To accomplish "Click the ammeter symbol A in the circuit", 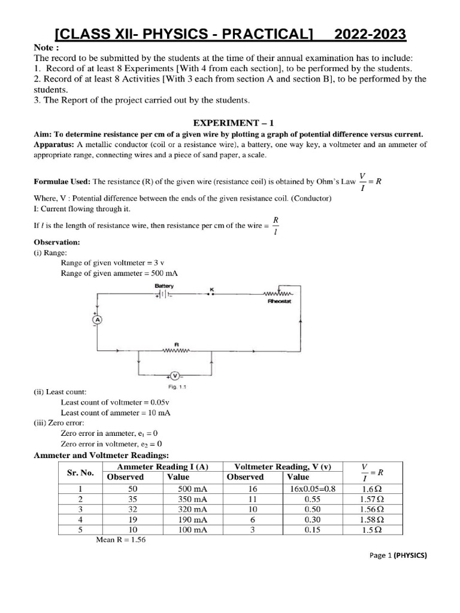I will [x=96, y=320].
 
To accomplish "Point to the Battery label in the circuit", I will [x=164, y=286].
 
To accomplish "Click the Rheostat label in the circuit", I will [x=279, y=302].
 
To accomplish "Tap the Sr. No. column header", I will [x=80, y=472].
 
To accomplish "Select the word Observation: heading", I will [x=57, y=242].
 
